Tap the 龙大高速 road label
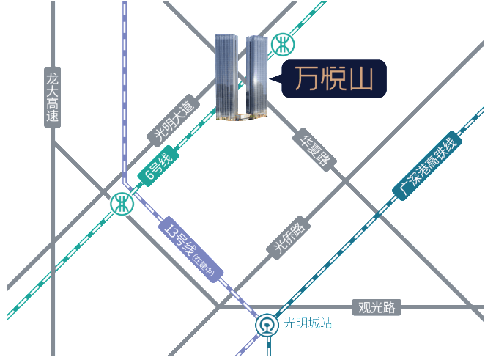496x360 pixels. pos(52,97)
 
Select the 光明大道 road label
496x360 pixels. pos(173,122)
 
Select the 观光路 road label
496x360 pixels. pos(377,306)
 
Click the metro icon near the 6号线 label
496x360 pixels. pos(122,205)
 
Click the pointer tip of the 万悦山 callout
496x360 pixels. pos(273,78)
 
